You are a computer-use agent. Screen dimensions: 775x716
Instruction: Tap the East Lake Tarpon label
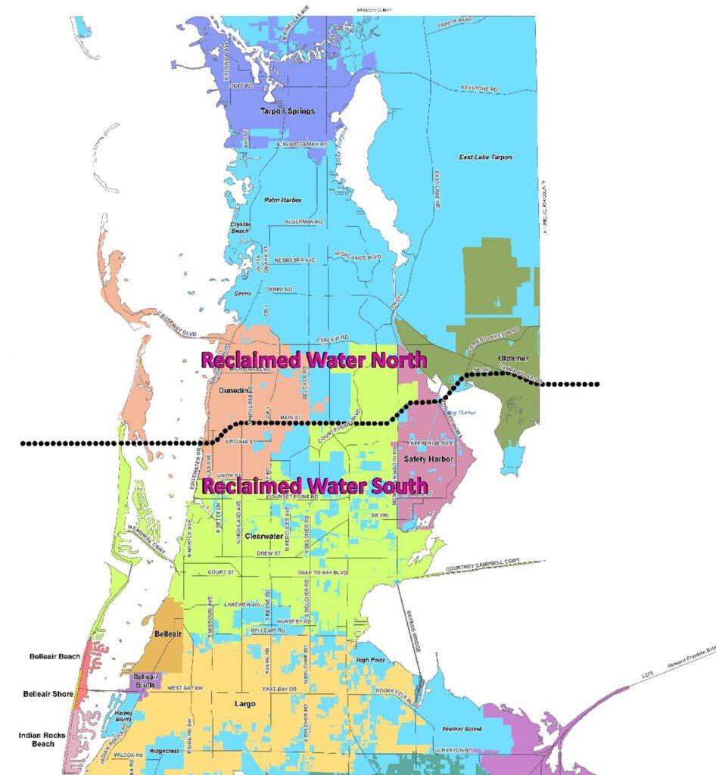(x=485, y=157)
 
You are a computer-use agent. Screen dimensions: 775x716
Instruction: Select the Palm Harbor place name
(x=282, y=200)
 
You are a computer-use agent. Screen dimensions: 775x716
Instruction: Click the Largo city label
(x=244, y=703)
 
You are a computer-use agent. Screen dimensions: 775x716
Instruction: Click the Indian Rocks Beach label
(x=42, y=739)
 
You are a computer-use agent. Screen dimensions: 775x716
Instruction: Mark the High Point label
(x=370, y=660)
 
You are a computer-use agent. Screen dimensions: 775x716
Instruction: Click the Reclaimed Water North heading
(x=313, y=359)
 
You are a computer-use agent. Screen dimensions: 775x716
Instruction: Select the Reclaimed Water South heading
(x=313, y=485)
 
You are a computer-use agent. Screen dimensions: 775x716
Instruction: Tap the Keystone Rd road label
(x=479, y=89)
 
